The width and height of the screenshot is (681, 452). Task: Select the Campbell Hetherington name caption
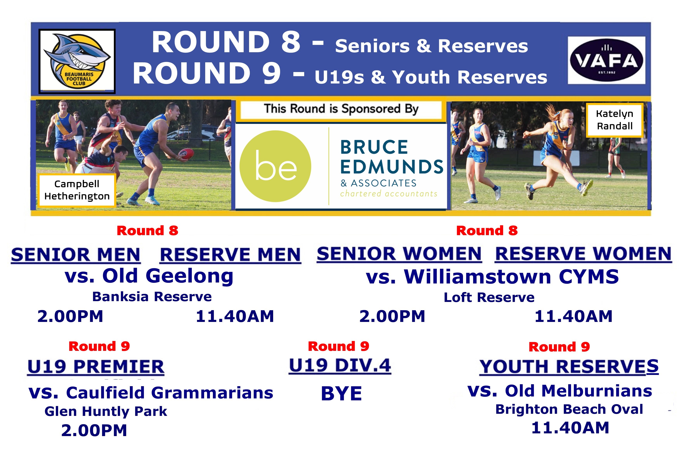[77, 190]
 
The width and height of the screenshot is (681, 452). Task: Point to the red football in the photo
[186, 153]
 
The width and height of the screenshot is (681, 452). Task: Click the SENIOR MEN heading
[76, 255]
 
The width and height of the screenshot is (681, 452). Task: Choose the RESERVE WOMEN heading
[583, 254]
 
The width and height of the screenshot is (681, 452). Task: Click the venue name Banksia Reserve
[152, 297]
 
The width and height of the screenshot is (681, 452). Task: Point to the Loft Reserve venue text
[489, 297]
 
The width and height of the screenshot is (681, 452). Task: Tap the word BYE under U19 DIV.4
[341, 394]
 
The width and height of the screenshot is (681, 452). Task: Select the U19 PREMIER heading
[96, 367]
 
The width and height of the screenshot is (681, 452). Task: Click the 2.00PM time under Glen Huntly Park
[94, 430]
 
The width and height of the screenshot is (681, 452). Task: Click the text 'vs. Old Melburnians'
[560, 391]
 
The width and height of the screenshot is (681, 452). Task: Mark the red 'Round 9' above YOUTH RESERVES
[559, 347]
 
